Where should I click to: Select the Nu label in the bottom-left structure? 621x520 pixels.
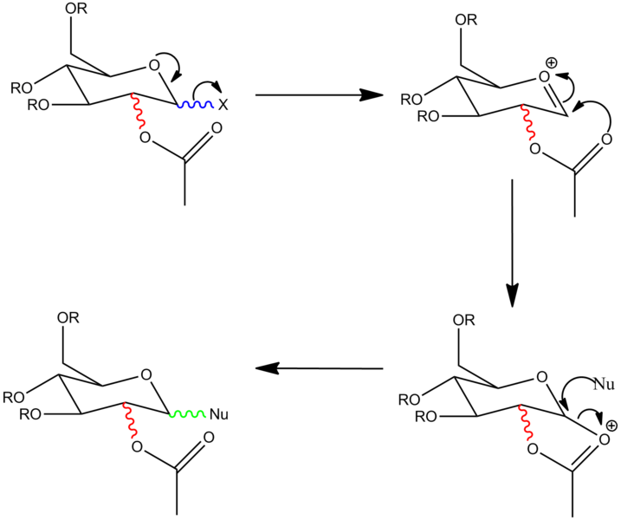220,414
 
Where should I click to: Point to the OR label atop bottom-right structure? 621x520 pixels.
466,321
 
